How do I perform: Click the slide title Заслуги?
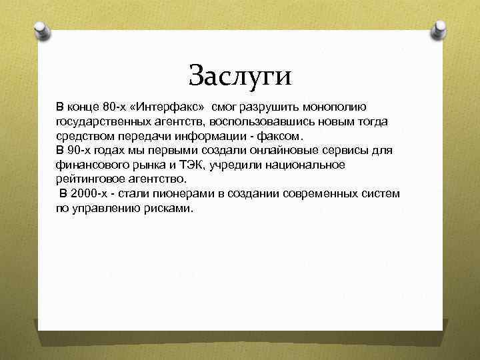tap(240, 75)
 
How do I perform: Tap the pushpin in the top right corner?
tap(440, 29)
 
